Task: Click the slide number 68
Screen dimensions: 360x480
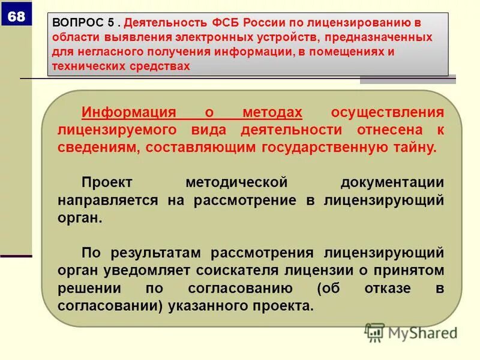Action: (16, 17)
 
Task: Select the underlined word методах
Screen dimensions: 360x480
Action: (272, 113)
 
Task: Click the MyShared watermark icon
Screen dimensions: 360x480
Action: (374, 332)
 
